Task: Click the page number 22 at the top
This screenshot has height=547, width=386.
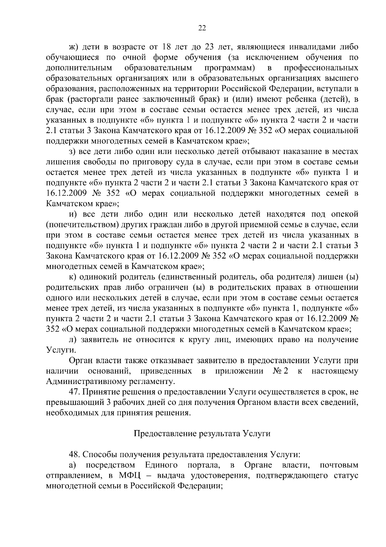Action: click(202, 28)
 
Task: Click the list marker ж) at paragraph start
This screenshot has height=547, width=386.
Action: click(74, 47)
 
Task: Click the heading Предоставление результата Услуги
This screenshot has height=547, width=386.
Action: click(202, 434)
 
